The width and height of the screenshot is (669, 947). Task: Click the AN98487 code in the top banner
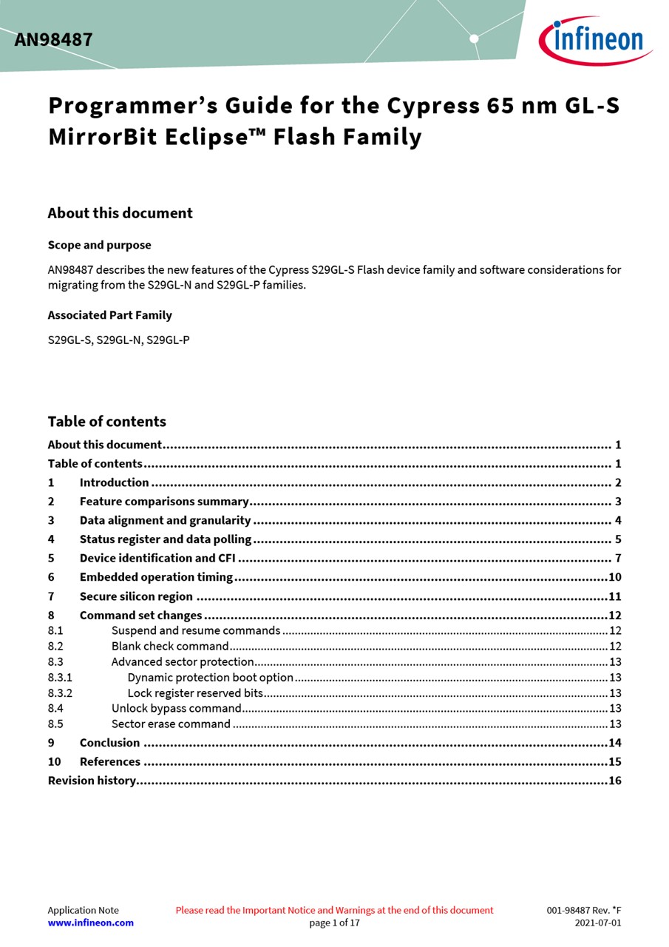point(53,40)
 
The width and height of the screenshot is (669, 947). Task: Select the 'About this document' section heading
point(120,213)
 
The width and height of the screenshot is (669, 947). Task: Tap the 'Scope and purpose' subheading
point(99,245)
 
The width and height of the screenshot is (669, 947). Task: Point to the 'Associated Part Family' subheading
point(109,315)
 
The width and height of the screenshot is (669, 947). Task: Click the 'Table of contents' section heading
point(106,422)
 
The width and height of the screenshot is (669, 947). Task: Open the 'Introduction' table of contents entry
point(114,482)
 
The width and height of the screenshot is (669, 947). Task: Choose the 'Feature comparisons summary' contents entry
point(163,502)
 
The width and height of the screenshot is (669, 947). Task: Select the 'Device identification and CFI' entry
point(157,559)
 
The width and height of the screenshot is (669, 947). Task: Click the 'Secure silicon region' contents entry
point(136,596)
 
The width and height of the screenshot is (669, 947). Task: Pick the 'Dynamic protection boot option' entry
point(210,677)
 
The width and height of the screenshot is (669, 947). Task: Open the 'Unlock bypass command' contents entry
point(176,708)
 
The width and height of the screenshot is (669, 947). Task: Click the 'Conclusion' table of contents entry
point(109,743)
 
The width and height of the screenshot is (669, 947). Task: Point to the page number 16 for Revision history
point(614,781)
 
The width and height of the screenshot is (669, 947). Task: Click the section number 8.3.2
point(60,693)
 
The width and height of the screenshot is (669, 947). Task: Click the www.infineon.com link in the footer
point(90,923)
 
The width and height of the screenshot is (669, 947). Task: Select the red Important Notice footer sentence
point(334,910)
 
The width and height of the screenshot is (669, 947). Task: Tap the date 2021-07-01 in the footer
point(597,923)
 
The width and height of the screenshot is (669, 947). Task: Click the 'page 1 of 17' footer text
point(334,923)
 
